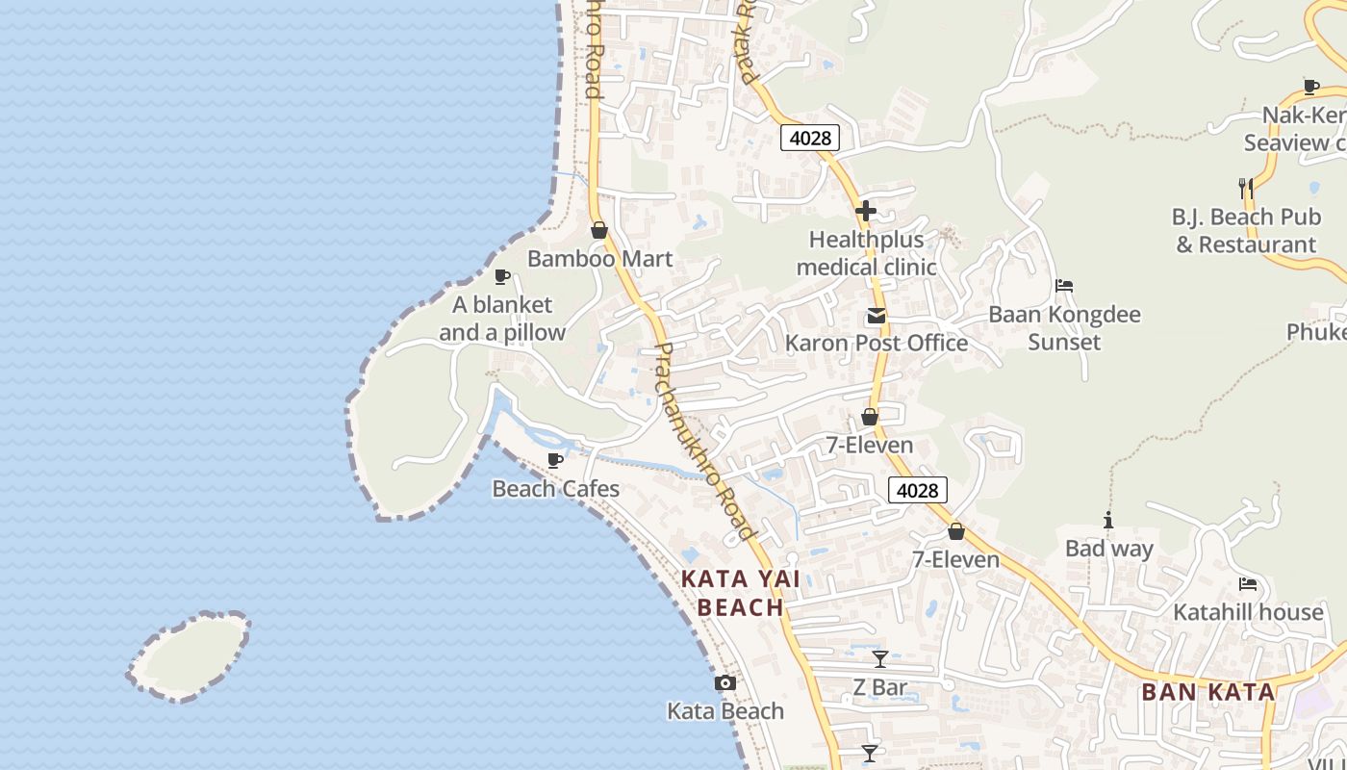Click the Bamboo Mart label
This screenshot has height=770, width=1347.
click(x=599, y=259)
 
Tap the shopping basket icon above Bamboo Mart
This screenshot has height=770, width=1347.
click(x=599, y=230)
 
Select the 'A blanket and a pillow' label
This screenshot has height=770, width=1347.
click(x=502, y=319)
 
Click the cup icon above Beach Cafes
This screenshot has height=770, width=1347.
click(x=554, y=460)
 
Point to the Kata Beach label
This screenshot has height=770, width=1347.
click(x=725, y=711)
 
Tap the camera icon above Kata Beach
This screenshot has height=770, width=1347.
click(x=725, y=683)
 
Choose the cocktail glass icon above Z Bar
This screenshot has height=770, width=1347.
click(x=880, y=659)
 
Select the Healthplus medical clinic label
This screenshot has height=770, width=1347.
click(x=866, y=253)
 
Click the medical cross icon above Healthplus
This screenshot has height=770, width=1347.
click(x=866, y=210)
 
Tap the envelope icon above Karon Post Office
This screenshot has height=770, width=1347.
click(x=876, y=315)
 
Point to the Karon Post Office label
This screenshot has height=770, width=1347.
click(x=876, y=343)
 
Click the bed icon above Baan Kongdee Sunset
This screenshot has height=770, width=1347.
click(x=1064, y=286)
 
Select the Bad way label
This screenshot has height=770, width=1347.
click(x=1108, y=549)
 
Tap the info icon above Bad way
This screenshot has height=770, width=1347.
click(x=1108, y=521)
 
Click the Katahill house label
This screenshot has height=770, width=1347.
click(x=1248, y=612)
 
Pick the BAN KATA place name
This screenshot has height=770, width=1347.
click(x=1207, y=691)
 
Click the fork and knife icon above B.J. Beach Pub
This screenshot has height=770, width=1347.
click(x=1245, y=188)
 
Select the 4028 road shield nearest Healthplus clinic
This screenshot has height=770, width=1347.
click(x=809, y=138)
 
